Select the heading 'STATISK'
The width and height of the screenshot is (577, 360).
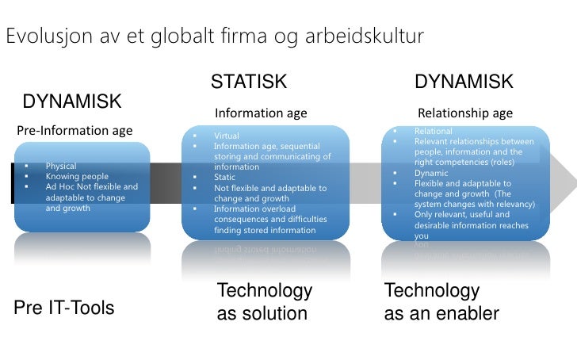point(248,82)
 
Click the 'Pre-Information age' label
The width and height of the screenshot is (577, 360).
point(75,130)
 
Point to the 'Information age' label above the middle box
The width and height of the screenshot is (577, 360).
point(261,113)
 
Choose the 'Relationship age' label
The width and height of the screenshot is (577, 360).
point(465,113)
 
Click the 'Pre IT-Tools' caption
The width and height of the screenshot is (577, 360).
point(64,308)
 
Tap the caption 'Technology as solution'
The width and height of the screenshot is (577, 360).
point(264,302)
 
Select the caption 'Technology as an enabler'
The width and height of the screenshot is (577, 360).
point(441,302)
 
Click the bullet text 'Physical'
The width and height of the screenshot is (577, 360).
point(61,167)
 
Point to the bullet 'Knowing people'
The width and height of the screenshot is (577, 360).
point(77,177)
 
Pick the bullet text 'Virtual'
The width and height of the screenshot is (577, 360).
point(227,136)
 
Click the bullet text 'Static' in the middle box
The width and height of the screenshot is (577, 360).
point(226,178)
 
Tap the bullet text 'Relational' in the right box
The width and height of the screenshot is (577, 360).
point(433,131)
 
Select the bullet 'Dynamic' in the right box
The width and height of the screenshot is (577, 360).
point(431,172)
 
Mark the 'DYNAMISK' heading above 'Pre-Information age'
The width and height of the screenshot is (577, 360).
point(72,101)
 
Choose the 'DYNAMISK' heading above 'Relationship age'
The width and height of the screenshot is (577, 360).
point(464,82)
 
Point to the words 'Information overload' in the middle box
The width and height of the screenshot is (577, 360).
point(254,209)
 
